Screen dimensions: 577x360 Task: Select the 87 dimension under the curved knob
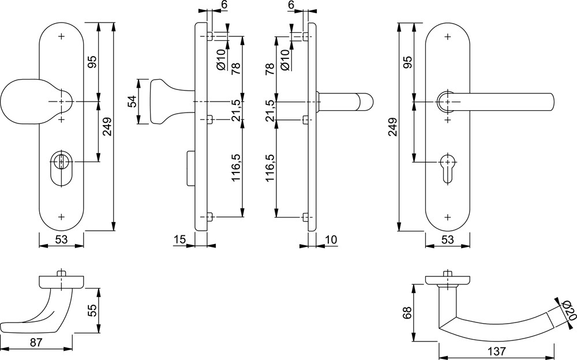[x=36, y=342]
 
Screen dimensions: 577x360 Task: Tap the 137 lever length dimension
[x=496, y=351]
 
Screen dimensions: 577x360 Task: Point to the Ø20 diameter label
[x=567, y=310]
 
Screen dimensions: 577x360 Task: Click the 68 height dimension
[x=407, y=313]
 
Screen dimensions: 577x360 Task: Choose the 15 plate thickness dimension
[x=179, y=239]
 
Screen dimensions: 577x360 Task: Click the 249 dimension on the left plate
[x=107, y=126]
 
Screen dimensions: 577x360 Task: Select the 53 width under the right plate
[x=448, y=239]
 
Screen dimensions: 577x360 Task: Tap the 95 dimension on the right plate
[x=407, y=62]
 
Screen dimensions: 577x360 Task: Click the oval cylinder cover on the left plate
[x=61, y=168]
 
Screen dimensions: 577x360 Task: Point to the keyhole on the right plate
[x=448, y=167]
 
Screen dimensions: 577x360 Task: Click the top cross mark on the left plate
[x=61, y=36]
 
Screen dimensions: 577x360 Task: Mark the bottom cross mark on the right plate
[x=448, y=217]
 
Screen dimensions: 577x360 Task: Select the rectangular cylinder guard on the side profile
[x=190, y=168]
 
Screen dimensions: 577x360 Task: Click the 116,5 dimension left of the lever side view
[x=271, y=168]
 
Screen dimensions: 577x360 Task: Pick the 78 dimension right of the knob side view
[x=236, y=69]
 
